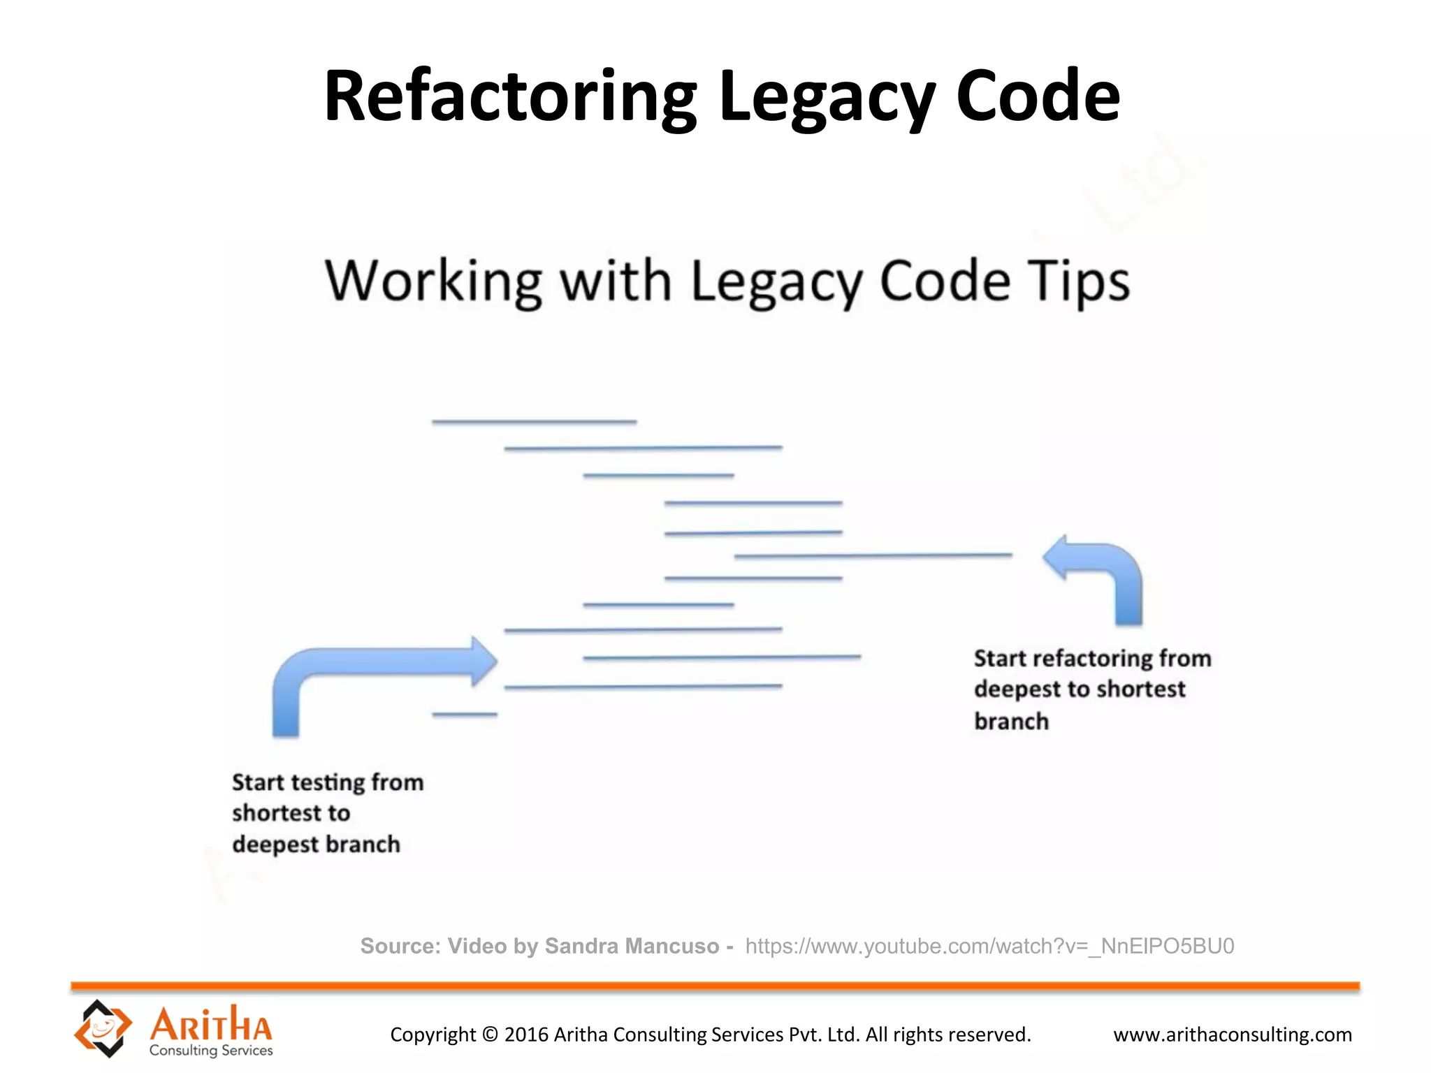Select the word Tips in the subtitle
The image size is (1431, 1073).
pyautogui.click(x=1078, y=282)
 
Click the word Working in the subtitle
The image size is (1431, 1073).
pyautogui.click(x=433, y=282)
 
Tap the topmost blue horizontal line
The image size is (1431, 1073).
pyautogui.click(x=534, y=422)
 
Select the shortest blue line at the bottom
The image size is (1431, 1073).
pyautogui.click(x=465, y=714)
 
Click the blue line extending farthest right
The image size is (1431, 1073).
pyautogui.click(x=873, y=556)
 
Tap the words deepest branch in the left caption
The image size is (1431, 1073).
pyautogui.click(x=316, y=845)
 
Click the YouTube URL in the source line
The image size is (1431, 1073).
pyautogui.click(x=989, y=946)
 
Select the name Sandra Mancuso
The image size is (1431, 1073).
pyautogui.click(x=632, y=946)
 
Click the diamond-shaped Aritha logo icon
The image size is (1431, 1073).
pyautogui.click(x=103, y=1028)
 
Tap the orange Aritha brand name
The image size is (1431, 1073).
pyautogui.click(x=211, y=1024)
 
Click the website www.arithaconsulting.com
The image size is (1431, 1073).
pyautogui.click(x=1233, y=1035)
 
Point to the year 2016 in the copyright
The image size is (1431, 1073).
pyautogui.click(x=526, y=1035)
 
